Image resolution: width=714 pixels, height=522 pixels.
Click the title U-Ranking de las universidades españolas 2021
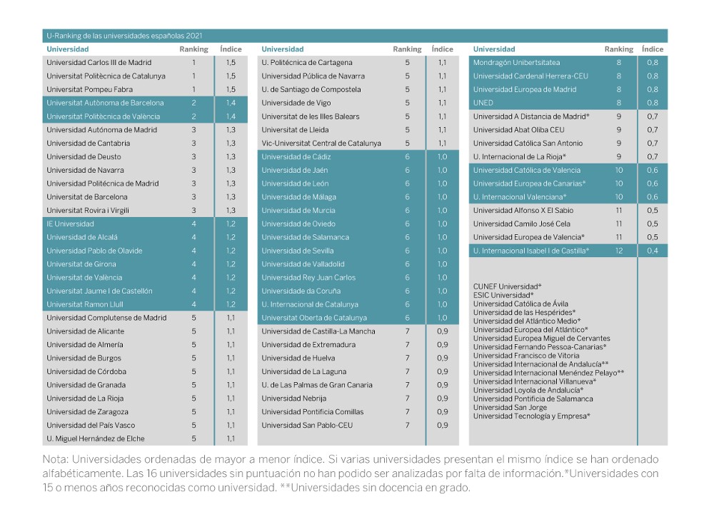click(124, 36)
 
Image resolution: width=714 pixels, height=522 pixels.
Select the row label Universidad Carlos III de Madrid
click(99, 62)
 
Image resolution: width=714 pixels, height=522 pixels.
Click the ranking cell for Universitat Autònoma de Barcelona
click(193, 103)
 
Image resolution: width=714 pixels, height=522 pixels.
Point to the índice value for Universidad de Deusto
click(231, 156)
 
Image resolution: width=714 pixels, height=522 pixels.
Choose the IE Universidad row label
click(70, 224)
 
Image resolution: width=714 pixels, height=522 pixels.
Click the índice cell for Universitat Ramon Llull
click(231, 304)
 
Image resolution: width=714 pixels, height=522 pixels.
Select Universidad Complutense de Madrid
click(106, 318)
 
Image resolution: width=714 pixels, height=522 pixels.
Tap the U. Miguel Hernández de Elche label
click(96, 438)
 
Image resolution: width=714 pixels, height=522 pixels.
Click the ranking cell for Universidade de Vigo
click(407, 103)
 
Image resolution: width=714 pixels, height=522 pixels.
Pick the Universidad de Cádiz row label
click(296, 156)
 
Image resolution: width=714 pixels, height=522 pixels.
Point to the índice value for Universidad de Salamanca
click(442, 237)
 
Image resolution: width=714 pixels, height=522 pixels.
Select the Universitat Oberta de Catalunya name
click(314, 318)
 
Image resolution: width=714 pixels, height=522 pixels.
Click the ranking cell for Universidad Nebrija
click(407, 398)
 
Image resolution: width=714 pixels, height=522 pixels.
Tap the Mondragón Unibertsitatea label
click(516, 62)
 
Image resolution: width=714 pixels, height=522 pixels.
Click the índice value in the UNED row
click(653, 103)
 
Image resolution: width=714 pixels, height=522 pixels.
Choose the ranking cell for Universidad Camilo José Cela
click(619, 224)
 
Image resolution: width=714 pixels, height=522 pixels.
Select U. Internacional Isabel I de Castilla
click(531, 251)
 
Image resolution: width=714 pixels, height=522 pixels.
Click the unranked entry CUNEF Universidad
click(507, 286)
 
